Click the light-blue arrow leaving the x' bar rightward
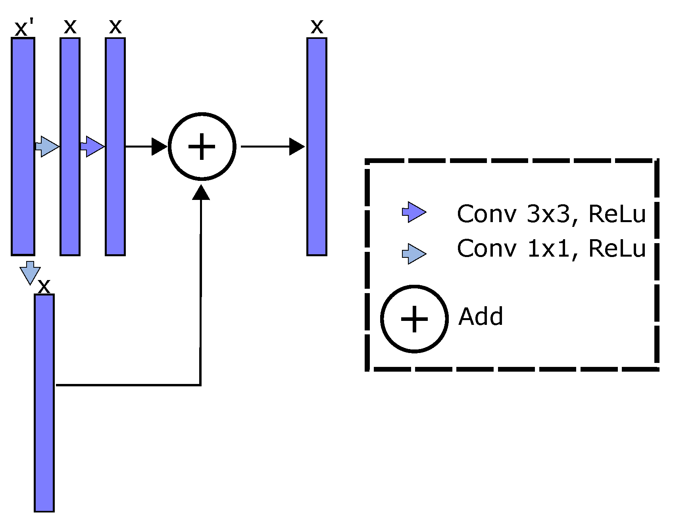pos(47,146)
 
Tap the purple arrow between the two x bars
pos(92,146)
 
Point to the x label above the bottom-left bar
pos(44,286)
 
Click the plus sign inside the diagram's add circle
pos(202,146)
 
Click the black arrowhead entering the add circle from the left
pos(159,146)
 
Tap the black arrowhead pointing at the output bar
pos(296,146)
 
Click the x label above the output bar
pos(317,27)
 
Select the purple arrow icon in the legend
pos(414,212)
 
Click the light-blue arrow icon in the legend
pos(414,253)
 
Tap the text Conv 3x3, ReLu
pos(551,214)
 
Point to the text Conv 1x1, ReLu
pos(551,249)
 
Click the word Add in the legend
pos(481,317)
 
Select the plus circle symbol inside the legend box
pos(414,319)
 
